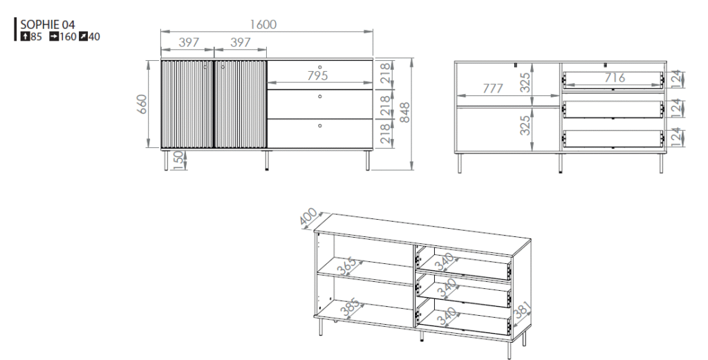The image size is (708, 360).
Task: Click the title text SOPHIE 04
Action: pyautogui.click(x=48, y=24)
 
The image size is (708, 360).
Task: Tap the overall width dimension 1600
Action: pyautogui.click(x=263, y=24)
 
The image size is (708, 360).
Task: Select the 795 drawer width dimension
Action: pyautogui.click(x=317, y=75)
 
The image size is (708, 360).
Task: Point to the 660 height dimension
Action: pyautogui.click(x=142, y=104)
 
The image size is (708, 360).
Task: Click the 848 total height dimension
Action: pyautogui.click(x=404, y=113)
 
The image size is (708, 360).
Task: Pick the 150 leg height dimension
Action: pyautogui.click(x=178, y=160)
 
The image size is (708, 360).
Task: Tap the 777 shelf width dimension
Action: pyautogui.click(x=492, y=88)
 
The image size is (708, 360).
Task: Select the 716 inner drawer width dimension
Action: pyautogui.click(x=615, y=77)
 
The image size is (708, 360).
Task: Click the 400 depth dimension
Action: pyautogui.click(x=309, y=218)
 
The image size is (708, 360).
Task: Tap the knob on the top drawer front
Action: pyautogui.click(x=320, y=67)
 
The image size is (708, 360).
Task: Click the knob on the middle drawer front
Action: pyautogui.click(x=320, y=96)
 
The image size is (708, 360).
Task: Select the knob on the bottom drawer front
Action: pyautogui.click(x=320, y=126)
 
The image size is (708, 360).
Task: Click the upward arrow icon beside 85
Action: pyautogui.click(x=25, y=37)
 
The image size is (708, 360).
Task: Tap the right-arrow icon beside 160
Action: pyautogui.click(x=54, y=37)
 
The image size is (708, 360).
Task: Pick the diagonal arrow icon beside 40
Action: pyautogui.click(x=84, y=37)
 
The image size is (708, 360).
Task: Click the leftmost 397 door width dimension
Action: pyautogui.click(x=189, y=42)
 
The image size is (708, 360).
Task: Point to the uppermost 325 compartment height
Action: pyautogui.click(x=525, y=82)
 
